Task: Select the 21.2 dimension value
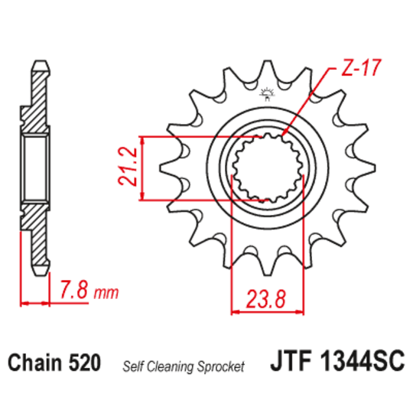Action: click(x=128, y=168)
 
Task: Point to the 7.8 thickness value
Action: click(x=75, y=290)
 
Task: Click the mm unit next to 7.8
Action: click(x=108, y=292)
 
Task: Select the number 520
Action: click(x=86, y=364)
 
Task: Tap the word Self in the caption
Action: click(x=133, y=366)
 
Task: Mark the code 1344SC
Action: click(x=359, y=364)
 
